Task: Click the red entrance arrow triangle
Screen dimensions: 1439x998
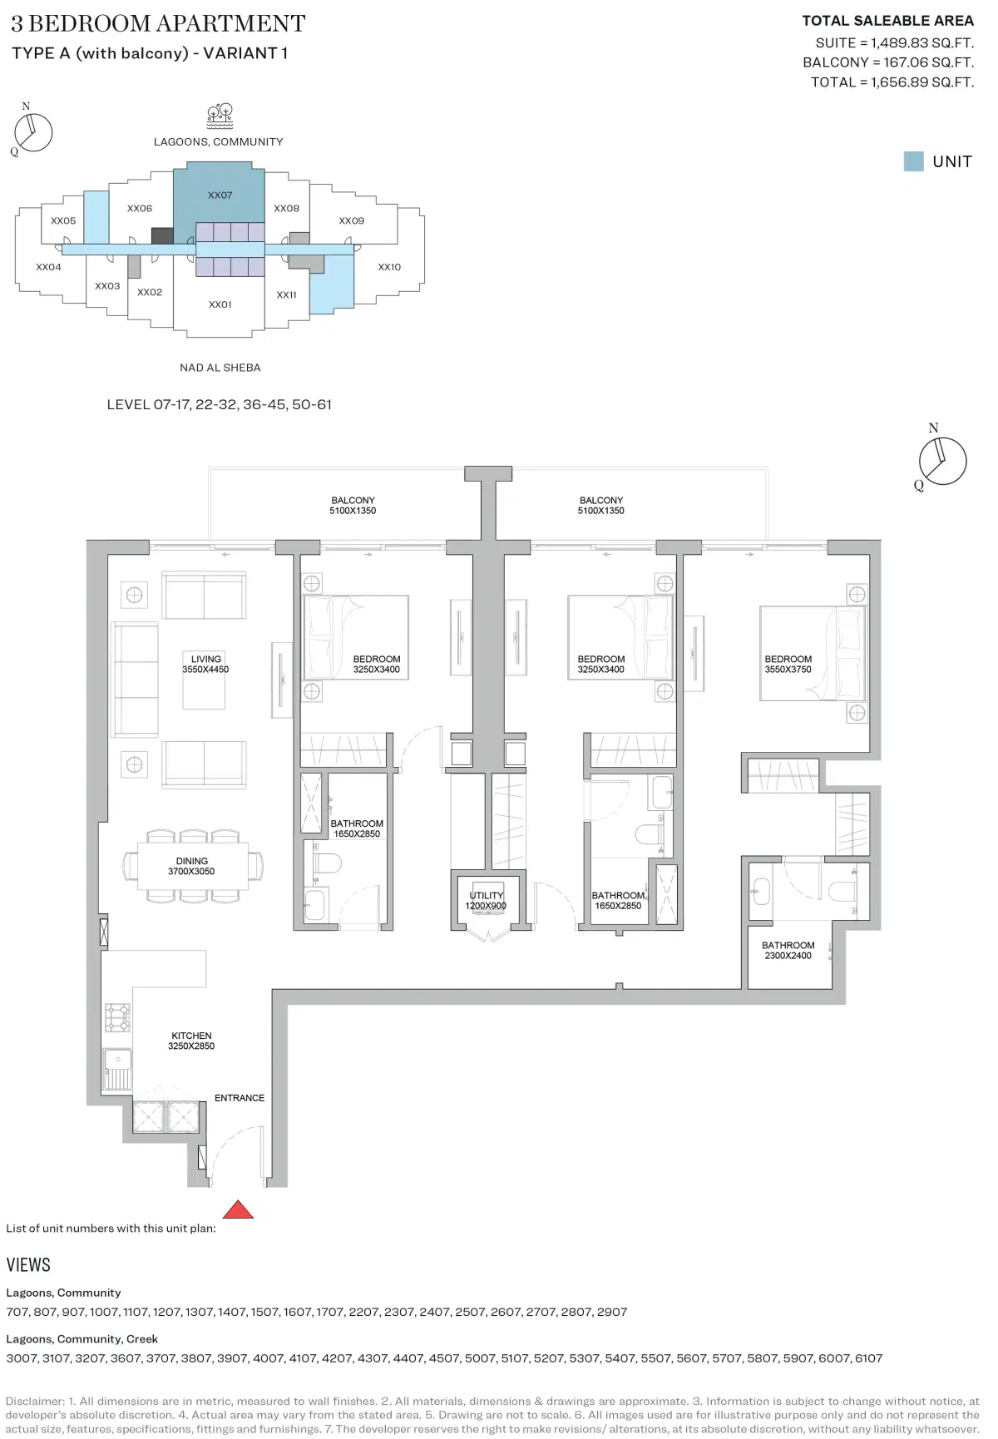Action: click(238, 1209)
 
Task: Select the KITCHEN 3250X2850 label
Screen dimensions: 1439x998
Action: click(191, 1041)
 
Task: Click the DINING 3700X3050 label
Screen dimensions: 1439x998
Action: click(191, 866)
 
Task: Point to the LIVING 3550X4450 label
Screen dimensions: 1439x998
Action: click(205, 664)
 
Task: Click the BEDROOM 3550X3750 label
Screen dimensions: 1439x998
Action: click(788, 664)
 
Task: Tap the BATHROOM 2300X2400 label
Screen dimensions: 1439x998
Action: click(788, 950)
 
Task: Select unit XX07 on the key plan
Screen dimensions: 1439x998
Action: click(220, 195)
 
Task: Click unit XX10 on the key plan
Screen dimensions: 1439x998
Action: click(389, 267)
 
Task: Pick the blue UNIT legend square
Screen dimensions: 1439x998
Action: click(913, 161)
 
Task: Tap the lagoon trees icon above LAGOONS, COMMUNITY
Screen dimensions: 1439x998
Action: click(220, 116)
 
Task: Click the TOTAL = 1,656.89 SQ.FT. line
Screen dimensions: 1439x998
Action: click(892, 82)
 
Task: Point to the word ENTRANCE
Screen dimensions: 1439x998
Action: click(240, 1098)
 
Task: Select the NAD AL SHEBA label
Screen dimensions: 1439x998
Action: click(220, 368)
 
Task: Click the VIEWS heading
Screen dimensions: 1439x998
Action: click(28, 1265)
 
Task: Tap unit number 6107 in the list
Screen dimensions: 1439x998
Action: click(868, 1358)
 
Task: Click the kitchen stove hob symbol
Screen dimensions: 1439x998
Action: click(117, 1017)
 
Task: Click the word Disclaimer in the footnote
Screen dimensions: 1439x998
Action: click(33, 1402)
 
